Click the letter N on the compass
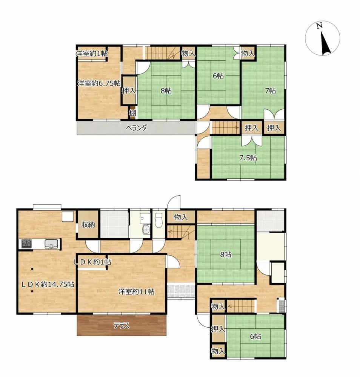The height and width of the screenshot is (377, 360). coord(319,26)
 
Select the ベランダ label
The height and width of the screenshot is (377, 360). coord(136,128)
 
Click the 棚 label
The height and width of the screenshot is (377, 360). coord(132,113)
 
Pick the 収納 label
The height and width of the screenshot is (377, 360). coord(88,225)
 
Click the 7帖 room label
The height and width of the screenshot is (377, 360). coord(270,90)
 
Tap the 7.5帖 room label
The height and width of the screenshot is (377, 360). coord(248,158)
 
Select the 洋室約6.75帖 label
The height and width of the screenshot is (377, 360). coord(99,83)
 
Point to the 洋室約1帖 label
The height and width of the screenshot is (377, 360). coord(92,54)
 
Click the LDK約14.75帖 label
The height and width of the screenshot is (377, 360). coord(47,285)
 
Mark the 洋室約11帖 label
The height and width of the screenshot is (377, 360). coord(136,291)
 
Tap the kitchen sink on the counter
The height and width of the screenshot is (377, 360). coord(52,244)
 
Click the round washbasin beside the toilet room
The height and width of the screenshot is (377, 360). coord(145,229)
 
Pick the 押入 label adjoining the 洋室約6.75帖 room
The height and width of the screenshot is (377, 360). coord(129,90)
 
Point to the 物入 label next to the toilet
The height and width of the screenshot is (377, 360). coord(181,217)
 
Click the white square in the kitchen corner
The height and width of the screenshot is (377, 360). coord(68,216)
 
